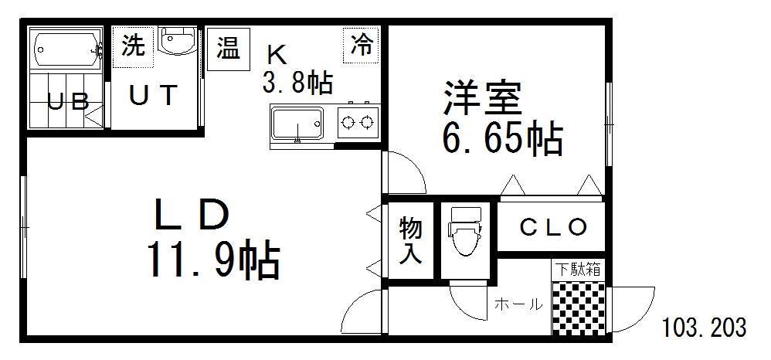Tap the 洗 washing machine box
[133, 46]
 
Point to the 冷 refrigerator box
[361, 46]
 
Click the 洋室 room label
[482, 98]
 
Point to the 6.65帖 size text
[502, 139]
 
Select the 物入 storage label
[410, 240]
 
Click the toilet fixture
[465, 230]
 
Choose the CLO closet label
[553, 227]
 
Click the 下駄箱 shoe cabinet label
[578, 270]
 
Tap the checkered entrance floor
[578, 307]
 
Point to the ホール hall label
[518, 304]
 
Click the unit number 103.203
[704, 327]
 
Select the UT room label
[153, 96]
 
